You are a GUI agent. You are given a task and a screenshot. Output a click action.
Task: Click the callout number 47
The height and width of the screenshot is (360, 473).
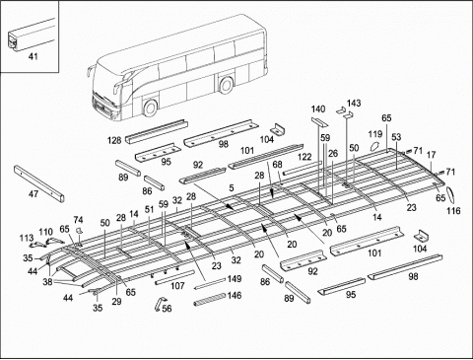34,195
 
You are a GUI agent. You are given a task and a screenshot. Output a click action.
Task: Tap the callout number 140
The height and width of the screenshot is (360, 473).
317,108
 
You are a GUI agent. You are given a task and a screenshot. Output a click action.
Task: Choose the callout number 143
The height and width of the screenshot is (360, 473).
354,104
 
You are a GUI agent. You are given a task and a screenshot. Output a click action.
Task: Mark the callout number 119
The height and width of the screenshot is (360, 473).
375,133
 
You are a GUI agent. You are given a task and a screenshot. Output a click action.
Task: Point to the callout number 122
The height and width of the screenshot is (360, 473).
304,157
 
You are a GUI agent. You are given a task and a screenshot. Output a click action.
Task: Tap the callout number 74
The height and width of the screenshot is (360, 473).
79,219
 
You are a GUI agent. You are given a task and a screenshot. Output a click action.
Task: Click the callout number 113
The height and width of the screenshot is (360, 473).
26,238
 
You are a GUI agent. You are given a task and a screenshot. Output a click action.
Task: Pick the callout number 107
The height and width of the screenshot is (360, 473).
177,286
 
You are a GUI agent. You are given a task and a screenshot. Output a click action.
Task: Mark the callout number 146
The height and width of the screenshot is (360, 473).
233,295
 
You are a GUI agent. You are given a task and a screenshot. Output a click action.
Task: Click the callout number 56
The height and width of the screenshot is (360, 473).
166,309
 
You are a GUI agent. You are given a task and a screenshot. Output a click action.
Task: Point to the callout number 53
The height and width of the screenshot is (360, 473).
395,137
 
